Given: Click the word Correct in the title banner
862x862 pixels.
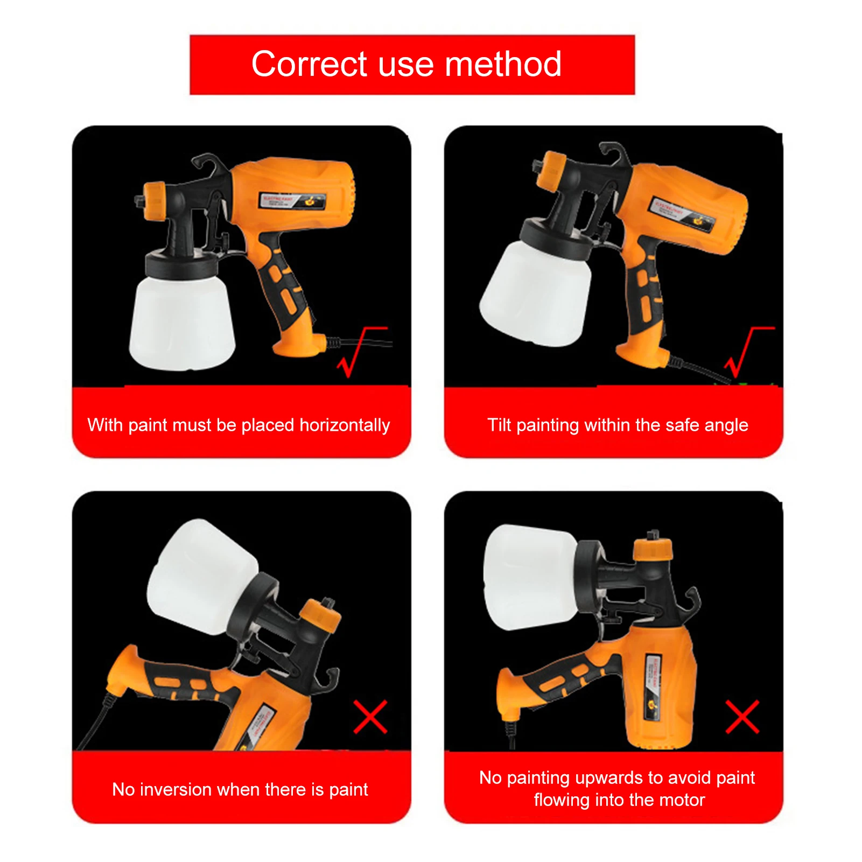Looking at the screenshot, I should [x=309, y=65].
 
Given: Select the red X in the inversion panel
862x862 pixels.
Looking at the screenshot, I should [x=370, y=717].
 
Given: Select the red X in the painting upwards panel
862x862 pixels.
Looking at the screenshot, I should [x=742, y=717].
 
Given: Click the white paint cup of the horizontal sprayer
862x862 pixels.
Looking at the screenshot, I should [x=182, y=323].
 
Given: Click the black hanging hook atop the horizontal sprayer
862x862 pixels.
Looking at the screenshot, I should [x=207, y=162].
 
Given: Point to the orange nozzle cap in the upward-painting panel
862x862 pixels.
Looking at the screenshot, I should [x=653, y=549].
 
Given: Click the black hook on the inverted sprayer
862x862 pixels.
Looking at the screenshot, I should [x=327, y=679].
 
